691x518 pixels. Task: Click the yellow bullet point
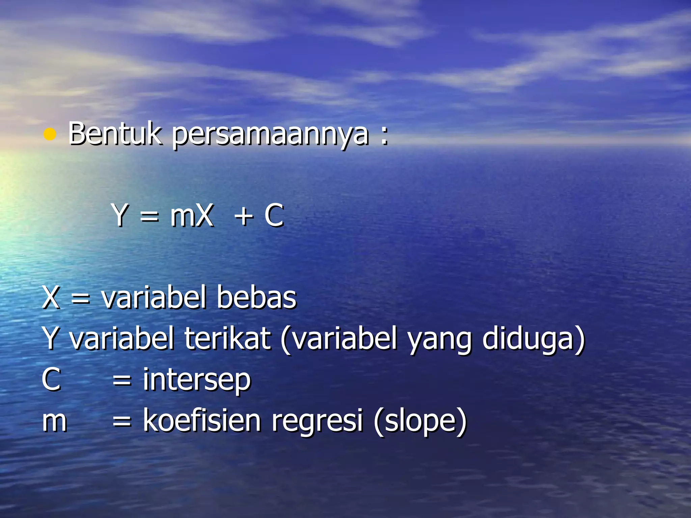click(50, 135)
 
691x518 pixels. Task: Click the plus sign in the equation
click(244, 216)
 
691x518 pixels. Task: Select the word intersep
click(197, 380)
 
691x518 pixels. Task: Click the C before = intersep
click(51, 379)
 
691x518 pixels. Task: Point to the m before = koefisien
click(54, 422)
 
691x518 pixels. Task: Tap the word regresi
click(317, 422)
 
